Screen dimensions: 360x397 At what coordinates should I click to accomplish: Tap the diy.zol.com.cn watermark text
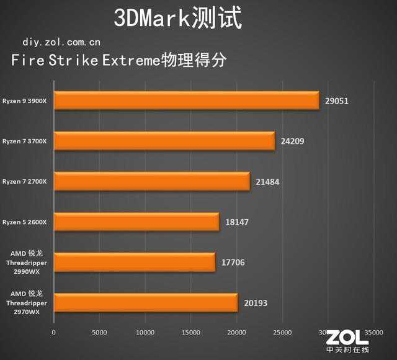click(x=61, y=42)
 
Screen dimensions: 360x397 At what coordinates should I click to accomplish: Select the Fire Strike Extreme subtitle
click(x=118, y=61)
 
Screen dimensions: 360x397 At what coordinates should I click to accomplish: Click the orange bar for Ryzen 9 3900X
click(x=186, y=101)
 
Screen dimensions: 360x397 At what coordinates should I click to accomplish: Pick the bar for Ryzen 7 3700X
click(x=164, y=141)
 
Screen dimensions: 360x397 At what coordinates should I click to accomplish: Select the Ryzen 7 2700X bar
click(x=151, y=181)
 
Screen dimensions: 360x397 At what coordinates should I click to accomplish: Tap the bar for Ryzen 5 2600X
click(x=136, y=222)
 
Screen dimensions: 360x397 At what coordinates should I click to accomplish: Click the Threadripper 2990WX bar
click(x=135, y=262)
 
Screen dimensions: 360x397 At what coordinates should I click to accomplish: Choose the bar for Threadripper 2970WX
click(x=146, y=302)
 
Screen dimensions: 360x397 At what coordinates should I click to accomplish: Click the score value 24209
click(x=293, y=141)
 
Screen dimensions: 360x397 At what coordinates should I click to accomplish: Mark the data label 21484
click(x=267, y=181)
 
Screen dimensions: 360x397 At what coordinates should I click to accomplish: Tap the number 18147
click(x=237, y=222)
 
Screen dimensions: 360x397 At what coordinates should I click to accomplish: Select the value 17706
click(x=233, y=262)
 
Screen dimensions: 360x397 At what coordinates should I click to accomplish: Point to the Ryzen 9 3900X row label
click(x=29, y=101)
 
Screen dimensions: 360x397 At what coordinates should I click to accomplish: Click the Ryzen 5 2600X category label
click(x=29, y=222)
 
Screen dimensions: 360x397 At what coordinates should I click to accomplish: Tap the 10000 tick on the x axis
click(x=145, y=333)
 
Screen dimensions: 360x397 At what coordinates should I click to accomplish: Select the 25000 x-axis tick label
click(x=282, y=333)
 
